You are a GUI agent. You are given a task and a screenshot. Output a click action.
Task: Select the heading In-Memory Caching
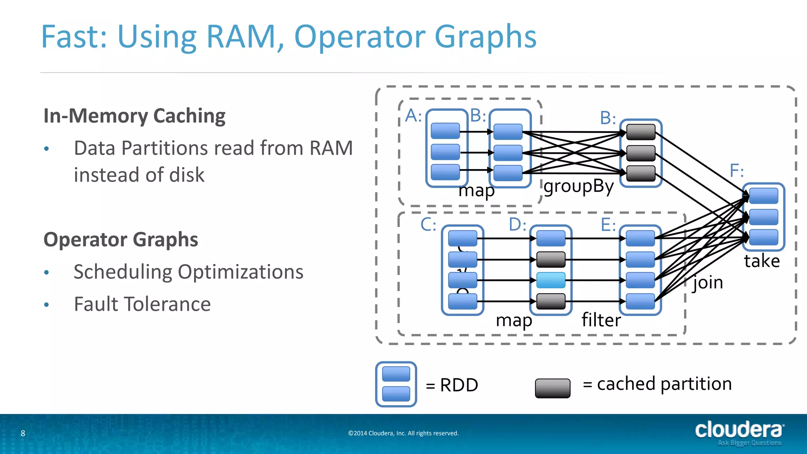pyautogui.click(x=134, y=116)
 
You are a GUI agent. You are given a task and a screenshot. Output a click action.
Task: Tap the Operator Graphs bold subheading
pyautogui.click(x=121, y=240)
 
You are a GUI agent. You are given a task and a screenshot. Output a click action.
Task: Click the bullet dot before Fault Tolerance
pyautogui.click(x=46, y=305)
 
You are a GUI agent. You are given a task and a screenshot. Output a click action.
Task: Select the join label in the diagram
pyautogui.click(x=708, y=283)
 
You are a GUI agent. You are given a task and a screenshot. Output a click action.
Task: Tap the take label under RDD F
pyautogui.click(x=762, y=261)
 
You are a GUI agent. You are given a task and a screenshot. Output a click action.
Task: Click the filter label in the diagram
pyautogui.click(x=601, y=320)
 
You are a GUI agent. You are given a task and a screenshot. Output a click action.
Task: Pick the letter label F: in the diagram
pyautogui.click(x=736, y=171)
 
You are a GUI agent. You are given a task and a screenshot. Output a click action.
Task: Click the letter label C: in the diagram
pyautogui.click(x=428, y=225)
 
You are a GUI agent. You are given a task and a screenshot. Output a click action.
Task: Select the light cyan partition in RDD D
pyautogui.click(x=551, y=280)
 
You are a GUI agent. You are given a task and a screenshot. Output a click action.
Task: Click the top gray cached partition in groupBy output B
pyautogui.click(x=641, y=132)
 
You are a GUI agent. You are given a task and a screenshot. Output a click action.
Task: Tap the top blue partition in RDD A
pyautogui.click(x=445, y=131)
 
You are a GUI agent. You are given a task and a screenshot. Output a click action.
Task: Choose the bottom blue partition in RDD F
pyautogui.click(x=764, y=238)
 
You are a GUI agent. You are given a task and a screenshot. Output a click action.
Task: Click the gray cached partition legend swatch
pyautogui.click(x=552, y=388)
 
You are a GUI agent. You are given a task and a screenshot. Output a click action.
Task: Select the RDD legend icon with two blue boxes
pyautogui.click(x=396, y=384)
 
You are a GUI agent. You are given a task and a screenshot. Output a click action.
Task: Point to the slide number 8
pyautogui.click(x=23, y=434)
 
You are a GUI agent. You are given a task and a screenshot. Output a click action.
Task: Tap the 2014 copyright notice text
pyautogui.click(x=403, y=434)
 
